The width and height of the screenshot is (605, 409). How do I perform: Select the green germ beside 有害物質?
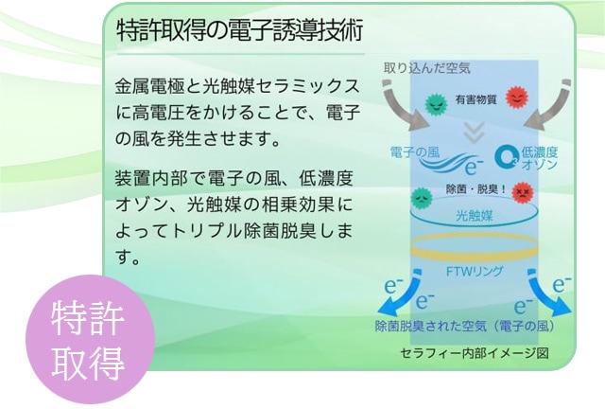click(x=435, y=100)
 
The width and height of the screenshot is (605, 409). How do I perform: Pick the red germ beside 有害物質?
click(x=516, y=98)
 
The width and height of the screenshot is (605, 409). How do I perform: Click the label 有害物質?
click(x=475, y=99)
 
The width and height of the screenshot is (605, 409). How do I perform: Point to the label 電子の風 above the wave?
click(x=415, y=151)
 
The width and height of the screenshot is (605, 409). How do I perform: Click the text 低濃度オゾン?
click(x=539, y=158)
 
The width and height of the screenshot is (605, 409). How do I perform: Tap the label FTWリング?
click(x=474, y=271)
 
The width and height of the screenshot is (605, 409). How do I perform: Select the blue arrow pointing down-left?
click(x=392, y=302)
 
